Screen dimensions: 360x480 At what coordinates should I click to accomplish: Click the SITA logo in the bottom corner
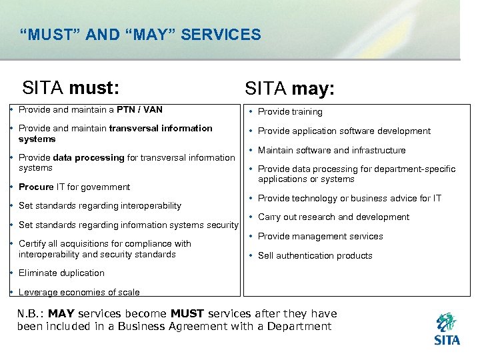446,329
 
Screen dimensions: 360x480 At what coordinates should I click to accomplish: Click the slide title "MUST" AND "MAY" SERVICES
141,35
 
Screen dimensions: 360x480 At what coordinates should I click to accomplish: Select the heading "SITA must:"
71,87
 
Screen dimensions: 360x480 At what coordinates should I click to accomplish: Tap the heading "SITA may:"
290,89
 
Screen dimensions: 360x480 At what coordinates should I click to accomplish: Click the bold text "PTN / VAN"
140,109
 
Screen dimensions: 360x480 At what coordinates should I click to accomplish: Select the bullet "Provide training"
290,112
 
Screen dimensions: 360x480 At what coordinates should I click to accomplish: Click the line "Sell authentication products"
315,255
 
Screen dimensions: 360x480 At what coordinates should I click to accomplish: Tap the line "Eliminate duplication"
61,273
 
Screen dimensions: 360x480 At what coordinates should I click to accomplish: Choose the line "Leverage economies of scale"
79,292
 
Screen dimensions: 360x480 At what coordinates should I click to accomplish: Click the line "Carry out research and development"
333,217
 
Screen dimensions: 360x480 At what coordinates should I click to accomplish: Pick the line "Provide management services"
320,237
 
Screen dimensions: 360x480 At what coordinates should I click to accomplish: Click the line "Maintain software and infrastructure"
331,151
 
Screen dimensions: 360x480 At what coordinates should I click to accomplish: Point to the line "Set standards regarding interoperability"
100,205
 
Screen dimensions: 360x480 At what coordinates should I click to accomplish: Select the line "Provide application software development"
344,131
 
